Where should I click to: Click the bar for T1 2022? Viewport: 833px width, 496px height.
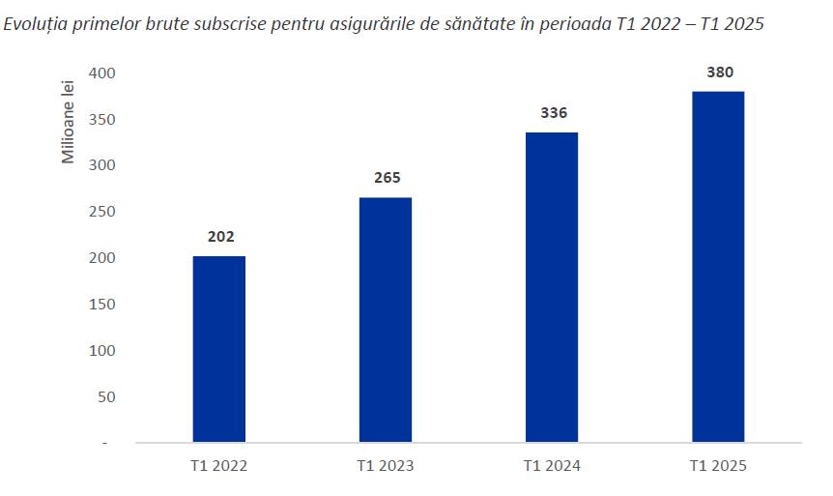pyautogui.click(x=218, y=349)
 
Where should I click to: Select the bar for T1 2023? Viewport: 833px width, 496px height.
pyautogui.click(x=386, y=320)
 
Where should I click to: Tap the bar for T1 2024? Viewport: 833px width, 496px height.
pyautogui.click(x=552, y=287)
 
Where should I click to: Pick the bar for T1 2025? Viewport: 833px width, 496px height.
pyautogui.click(x=718, y=267)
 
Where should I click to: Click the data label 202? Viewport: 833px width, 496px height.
pyautogui.click(x=220, y=237)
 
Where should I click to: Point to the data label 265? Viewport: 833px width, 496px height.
pyautogui.click(x=387, y=178)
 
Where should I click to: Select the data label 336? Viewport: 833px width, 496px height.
pyautogui.click(x=554, y=113)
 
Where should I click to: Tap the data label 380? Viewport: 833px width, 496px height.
pyautogui.click(x=720, y=73)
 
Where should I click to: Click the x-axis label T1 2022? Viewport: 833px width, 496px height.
pyautogui.click(x=218, y=466)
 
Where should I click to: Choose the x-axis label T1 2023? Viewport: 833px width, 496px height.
pyautogui.click(x=386, y=466)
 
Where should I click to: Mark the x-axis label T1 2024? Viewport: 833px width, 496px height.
pyautogui.click(x=552, y=466)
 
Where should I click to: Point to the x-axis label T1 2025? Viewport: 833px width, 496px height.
pyautogui.click(x=718, y=466)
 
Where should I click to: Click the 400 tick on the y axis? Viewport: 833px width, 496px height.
pyautogui.click(x=102, y=73)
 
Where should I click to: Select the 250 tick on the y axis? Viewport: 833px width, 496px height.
pyautogui.click(x=102, y=212)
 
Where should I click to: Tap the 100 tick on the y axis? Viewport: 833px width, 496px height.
pyautogui.click(x=102, y=351)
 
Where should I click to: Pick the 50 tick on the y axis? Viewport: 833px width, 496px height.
pyautogui.click(x=106, y=397)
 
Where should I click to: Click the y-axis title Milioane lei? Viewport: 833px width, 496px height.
pyautogui.click(x=68, y=122)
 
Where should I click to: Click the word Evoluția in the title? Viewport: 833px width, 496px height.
pyautogui.click(x=35, y=24)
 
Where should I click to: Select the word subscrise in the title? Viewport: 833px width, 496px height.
pyautogui.click(x=229, y=24)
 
